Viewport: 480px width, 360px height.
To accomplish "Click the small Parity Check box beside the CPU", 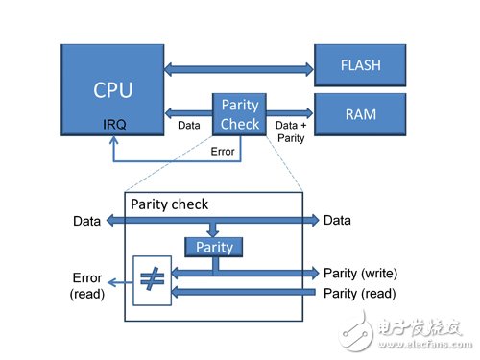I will pyautogui.click(x=239, y=113).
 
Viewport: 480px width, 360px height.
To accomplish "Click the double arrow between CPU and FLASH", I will pyautogui.click(x=239, y=68).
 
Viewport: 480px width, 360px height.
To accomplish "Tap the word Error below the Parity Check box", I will pyautogui.click(x=222, y=151).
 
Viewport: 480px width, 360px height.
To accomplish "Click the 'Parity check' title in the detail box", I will pyautogui.click(x=169, y=204).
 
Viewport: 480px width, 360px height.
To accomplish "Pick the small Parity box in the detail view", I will pyautogui.click(x=215, y=247).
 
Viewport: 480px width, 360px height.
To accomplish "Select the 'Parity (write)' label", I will pyautogui.click(x=361, y=273).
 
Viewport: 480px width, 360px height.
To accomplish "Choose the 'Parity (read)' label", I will pyautogui.click(x=360, y=292).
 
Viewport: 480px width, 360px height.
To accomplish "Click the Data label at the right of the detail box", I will pyautogui.click(x=337, y=220).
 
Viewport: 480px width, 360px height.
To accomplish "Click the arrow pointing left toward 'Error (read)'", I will pyautogui.click(x=120, y=282).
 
